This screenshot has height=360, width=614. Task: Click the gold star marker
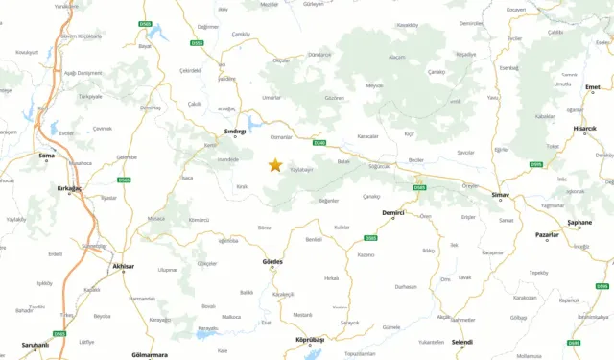(275, 165)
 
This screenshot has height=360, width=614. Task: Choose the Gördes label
(272, 262)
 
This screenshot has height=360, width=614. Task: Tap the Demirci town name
(393, 211)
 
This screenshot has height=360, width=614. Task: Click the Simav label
(500, 196)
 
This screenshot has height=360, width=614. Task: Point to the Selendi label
(461, 342)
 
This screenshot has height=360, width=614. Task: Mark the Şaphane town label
(579, 222)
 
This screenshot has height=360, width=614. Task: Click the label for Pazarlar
(547, 234)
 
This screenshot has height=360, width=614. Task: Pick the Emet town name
(592, 87)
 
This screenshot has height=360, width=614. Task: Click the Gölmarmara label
(149, 354)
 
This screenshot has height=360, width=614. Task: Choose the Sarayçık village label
(350, 323)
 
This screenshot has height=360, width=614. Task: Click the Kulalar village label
(342, 226)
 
